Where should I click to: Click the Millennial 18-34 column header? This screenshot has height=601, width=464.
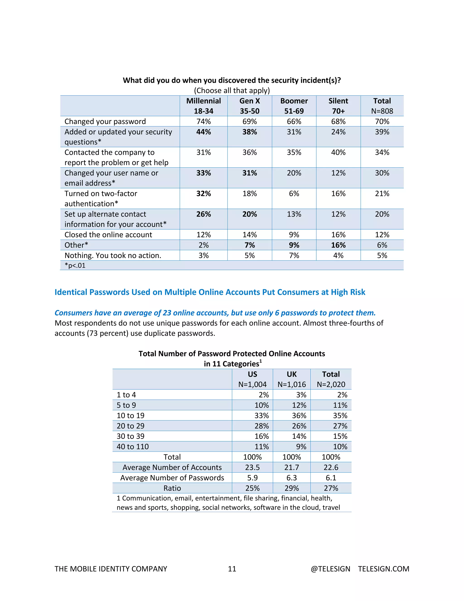pos(203,106)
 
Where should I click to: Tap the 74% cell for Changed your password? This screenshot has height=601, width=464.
pos(203,121)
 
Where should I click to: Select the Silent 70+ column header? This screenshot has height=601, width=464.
pos(338,106)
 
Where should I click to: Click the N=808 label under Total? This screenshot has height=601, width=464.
pos(382,111)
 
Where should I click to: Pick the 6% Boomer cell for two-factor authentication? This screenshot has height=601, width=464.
pos(294,194)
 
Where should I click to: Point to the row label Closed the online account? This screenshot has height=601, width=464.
pos(108,235)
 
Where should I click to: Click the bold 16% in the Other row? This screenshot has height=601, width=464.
pos(338,245)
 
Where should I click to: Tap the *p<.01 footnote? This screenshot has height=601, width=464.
pos(75,266)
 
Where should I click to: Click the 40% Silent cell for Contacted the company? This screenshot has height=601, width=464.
pos(338,152)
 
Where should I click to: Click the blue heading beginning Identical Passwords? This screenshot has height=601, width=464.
pos(210,292)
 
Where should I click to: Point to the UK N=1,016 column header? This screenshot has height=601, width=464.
pos(291,379)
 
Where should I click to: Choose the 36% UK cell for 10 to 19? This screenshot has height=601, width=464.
pos(299,415)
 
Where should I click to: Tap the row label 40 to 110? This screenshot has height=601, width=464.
pos(133,447)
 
